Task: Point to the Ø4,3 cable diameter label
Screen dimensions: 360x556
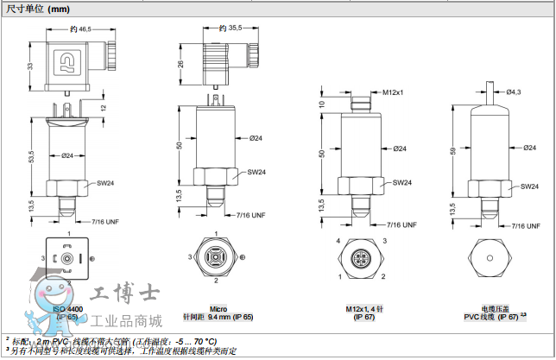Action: click(x=514, y=92)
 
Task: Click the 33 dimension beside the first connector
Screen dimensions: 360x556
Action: click(x=31, y=66)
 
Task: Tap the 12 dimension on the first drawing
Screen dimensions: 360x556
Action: click(x=103, y=108)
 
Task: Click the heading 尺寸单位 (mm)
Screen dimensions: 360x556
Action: click(x=38, y=9)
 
